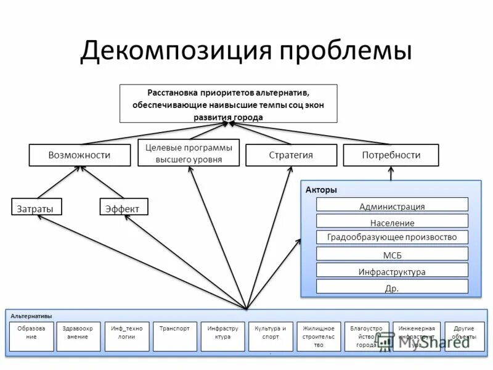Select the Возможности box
click(79, 155)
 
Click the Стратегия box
click(291, 155)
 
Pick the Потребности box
click(391, 155)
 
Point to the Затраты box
click(35, 208)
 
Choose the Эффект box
click(123, 208)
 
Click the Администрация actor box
click(392, 206)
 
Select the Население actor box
click(392, 222)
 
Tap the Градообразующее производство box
click(392, 237)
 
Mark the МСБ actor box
click(392, 254)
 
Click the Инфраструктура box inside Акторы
click(392, 271)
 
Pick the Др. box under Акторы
click(392, 287)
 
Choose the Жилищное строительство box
click(319, 337)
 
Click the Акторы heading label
click(321, 190)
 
